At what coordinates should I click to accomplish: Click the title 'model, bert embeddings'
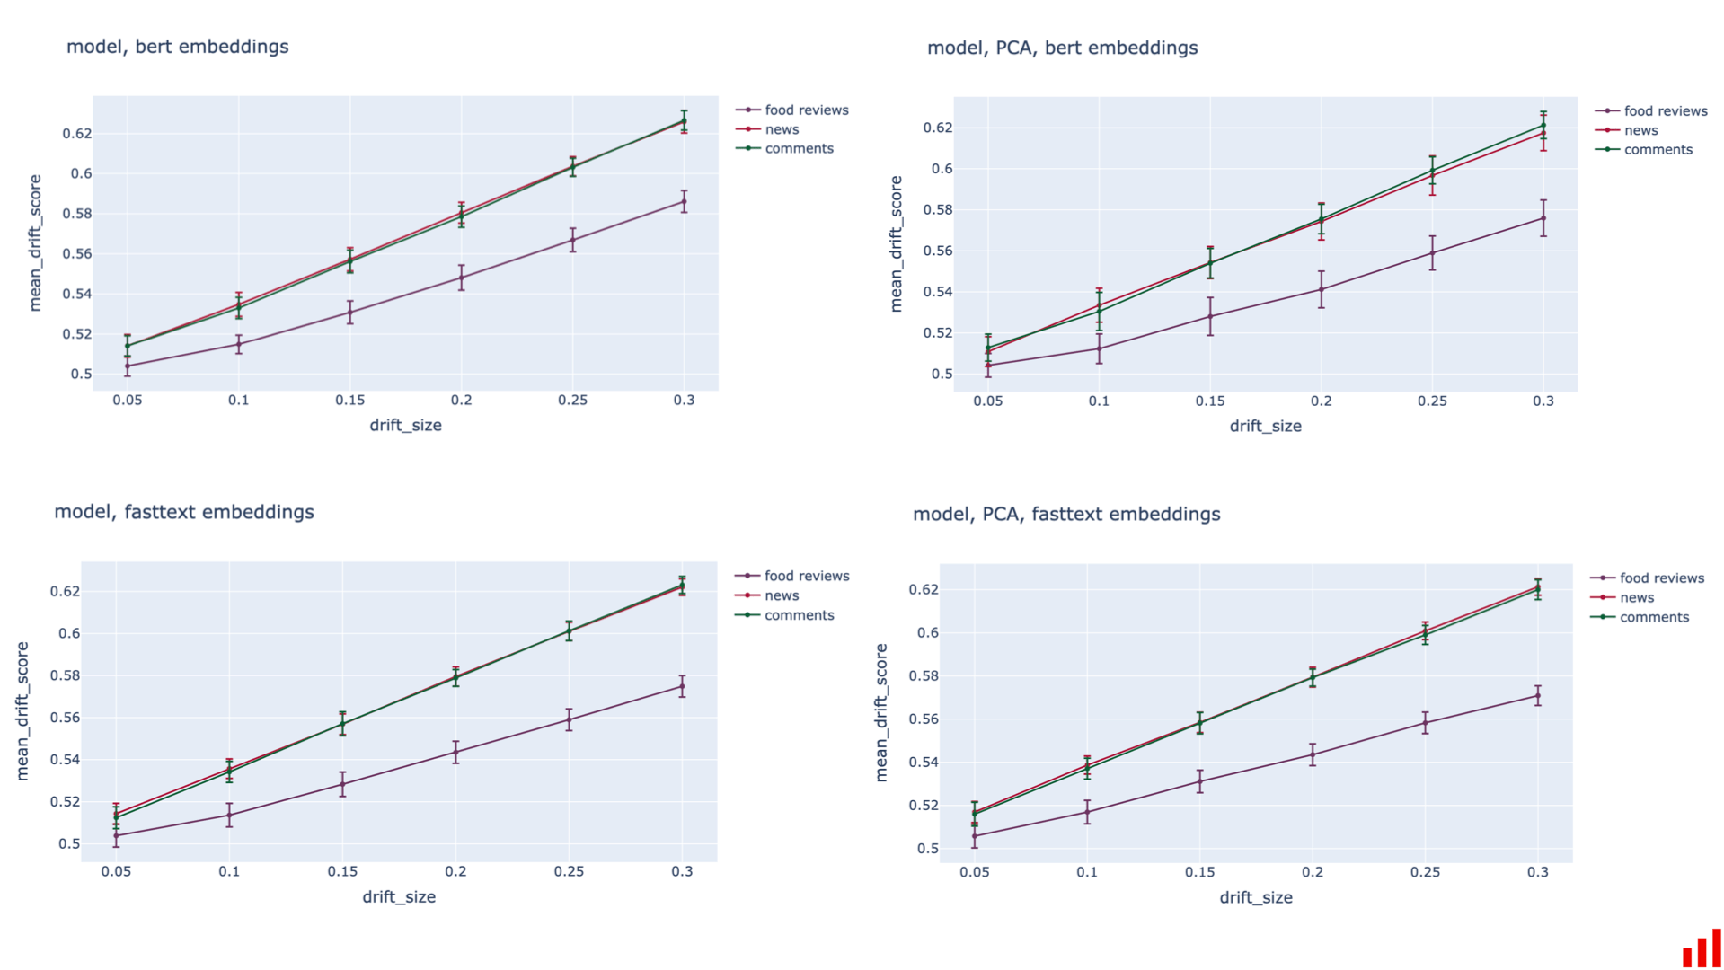pyautogui.click(x=177, y=47)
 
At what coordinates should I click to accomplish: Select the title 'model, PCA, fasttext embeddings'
pyautogui.click(x=1066, y=514)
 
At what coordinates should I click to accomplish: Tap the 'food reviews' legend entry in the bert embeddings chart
pyautogui.click(x=806, y=110)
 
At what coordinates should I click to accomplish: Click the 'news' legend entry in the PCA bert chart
pyautogui.click(x=1640, y=130)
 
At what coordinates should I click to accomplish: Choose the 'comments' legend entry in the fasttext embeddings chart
pyautogui.click(x=799, y=615)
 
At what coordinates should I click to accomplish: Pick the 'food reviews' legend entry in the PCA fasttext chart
pyautogui.click(x=1661, y=578)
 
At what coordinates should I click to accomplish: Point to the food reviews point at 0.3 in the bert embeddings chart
pyautogui.click(x=684, y=202)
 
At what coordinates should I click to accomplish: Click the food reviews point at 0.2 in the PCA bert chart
pyautogui.click(x=1321, y=289)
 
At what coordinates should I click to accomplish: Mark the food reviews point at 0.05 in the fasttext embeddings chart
pyautogui.click(x=116, y=835)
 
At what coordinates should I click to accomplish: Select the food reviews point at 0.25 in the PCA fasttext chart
pyautogui.click(x=1425, y=723)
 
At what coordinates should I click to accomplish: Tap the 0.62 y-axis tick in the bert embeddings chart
pyautogui.click(x=76, y=134)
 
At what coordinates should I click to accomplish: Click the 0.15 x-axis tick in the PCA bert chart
pyautogui.click(x=1209, y=401)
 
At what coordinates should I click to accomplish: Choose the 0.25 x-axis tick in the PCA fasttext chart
pyautogui.click(x=1425, y=872)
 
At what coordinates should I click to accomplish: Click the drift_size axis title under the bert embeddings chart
pyautogui.click(x=405, y=425)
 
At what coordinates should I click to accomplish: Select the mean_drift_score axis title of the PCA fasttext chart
pyautogui.click(x=881, y=712)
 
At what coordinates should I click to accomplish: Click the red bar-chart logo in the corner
pyautogui.click(x=1701, y=949)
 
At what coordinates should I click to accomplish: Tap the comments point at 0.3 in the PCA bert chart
pyautogui.click(x=1543, y=126)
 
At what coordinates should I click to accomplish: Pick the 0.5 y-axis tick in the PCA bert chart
pyautogui.click(x=942, y=374)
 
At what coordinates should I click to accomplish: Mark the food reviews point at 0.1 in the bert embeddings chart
pyautogui.click(x=238, y=344)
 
